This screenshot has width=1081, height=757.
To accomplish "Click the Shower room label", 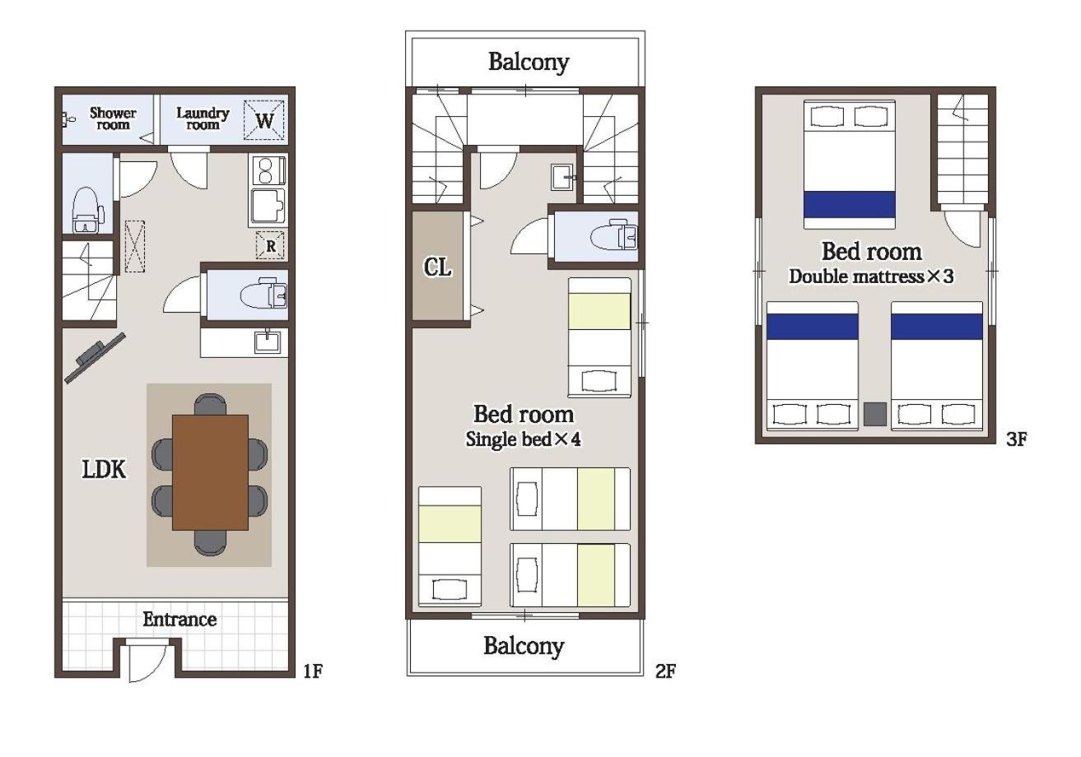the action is tap(113, 118).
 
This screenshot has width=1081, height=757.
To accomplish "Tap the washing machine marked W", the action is tap(263, 120).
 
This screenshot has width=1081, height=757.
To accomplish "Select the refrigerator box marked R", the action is tap(270, 245).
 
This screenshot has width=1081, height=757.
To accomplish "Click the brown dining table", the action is tap(211, 472).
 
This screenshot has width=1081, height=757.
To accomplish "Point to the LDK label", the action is tap(104, 469).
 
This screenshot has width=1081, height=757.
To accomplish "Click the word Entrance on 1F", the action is tap(179, 619).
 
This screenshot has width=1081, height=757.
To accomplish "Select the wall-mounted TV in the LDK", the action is tap(95, 358).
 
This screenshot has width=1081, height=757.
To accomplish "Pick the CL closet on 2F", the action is tap(437, 266).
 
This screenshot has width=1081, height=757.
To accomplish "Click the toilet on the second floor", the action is tap(613, 236).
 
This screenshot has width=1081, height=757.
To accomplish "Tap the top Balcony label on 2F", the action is tap(529, 63).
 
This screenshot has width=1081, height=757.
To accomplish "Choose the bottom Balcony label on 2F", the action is tap(524, 646).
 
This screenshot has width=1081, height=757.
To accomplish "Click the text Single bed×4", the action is tap(523, 439).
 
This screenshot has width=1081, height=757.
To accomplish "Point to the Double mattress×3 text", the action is tap(871, 276).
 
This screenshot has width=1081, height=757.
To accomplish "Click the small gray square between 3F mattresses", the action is tap(874, 414).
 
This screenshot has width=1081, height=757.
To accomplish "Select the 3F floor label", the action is tap(1016, 439).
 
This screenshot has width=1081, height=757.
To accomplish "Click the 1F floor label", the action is tap(313, 671).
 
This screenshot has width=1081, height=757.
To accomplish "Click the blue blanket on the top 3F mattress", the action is tap(850, 204).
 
